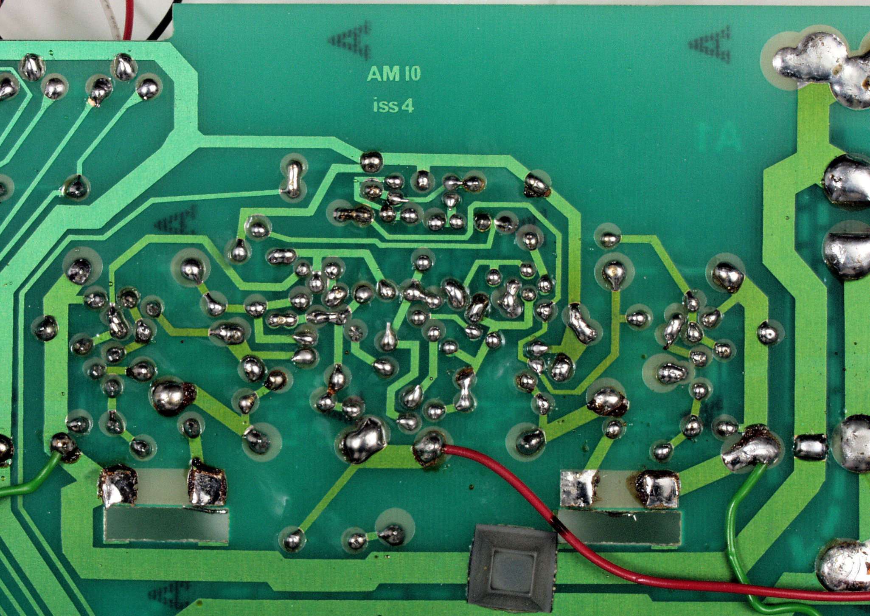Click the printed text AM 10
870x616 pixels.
[393, 74]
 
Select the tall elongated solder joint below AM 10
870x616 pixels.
[293, 180]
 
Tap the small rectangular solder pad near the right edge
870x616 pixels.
[810, 447]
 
